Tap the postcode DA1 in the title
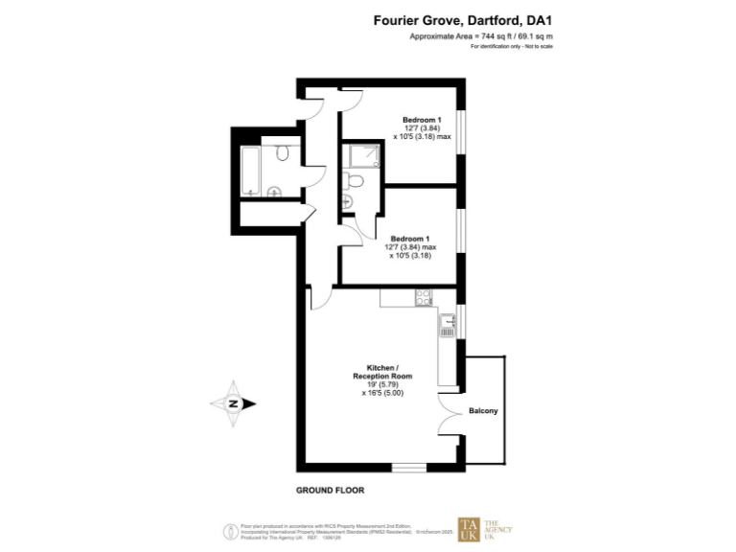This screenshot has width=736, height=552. point(539,17)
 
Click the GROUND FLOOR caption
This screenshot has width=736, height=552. point(329,490)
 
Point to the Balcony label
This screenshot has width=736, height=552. point(483,411)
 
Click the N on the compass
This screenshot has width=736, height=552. point(233,403)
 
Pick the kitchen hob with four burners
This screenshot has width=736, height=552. point(422,299)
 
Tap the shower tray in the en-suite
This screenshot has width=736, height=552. point(364,155)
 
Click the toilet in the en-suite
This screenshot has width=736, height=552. point(355,179)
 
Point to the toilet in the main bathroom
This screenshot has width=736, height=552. point(283,154)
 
